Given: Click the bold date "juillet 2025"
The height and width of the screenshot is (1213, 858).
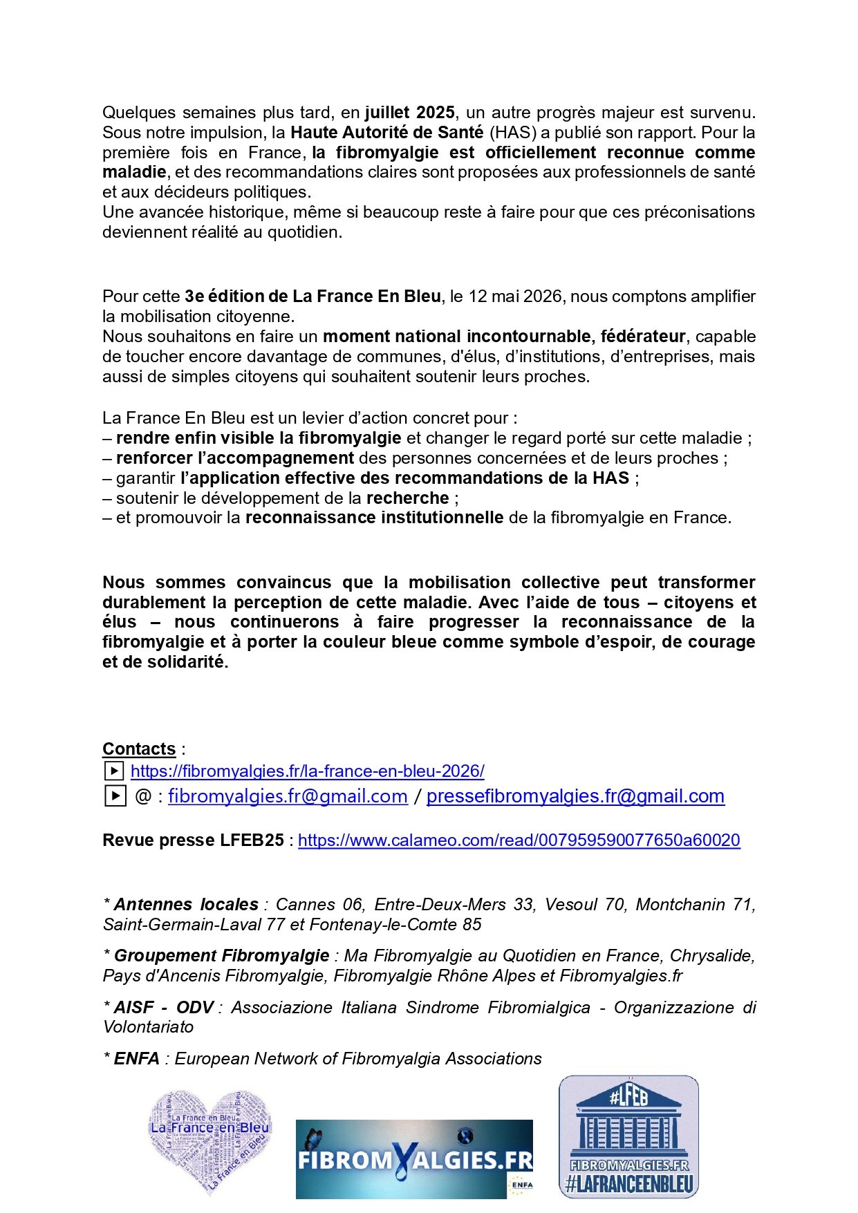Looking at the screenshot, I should tap(410, 113).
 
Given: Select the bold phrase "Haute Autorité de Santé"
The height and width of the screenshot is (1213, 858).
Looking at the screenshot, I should tap(386, 133).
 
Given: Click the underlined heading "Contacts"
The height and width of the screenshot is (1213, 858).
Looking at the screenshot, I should tap(139, 749).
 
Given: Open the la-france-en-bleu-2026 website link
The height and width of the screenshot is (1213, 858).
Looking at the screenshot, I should tap(308, 771).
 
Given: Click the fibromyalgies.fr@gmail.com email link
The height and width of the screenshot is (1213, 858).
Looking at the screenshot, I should tap(288, 796).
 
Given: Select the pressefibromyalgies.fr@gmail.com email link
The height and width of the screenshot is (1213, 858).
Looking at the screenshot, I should tap(575, 796).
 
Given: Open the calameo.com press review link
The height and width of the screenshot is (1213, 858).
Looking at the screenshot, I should tap(519, 840).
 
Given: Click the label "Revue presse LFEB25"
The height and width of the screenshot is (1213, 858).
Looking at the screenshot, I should tap(193, 840).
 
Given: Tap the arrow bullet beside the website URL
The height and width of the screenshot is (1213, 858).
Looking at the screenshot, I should tap(113, 771).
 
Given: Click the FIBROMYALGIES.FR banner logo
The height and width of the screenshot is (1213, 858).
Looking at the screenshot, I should tap(413, 1158).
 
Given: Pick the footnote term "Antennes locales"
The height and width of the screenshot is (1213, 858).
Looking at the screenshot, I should tap(186, 905).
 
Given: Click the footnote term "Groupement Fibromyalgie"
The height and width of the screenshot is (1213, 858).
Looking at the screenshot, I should tap(221, 956).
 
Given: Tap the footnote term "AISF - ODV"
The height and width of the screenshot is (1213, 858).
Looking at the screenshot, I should tap(163, 1008).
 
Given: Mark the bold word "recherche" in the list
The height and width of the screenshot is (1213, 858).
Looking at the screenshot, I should tap(408, 498).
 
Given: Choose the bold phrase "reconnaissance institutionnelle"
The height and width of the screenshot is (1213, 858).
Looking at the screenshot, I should tap(374, 518).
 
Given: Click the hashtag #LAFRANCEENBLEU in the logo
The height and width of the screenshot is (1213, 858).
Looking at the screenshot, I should tap(628, 1185).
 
